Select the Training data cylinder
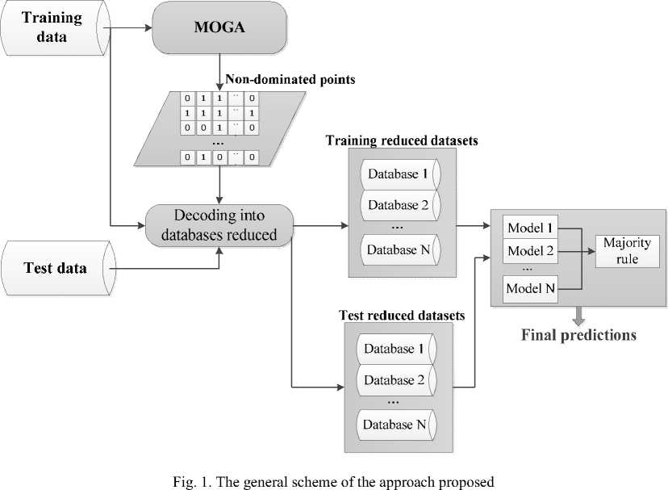tap(54, 28)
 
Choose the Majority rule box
tap(627, 251)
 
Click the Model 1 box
tap(530, 228)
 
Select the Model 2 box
tap(530, 251)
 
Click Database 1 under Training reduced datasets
tap(398, 173)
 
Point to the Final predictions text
tap(578, 334)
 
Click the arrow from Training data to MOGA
tap(130, 28)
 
